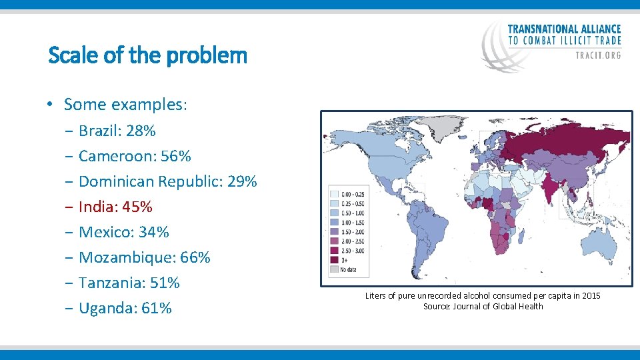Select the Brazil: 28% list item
pos(117,131)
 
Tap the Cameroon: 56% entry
pos(134,156)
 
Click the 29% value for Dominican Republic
pos(242,181)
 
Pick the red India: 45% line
pos(115,207)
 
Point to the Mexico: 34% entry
pos(123,232)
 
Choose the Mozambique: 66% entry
pos(144,257)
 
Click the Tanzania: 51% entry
pos(129,283)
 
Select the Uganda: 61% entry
pos(125,308)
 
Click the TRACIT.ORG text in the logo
pos(598,55)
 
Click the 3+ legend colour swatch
pos(334,260)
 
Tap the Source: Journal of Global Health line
pos(483,306)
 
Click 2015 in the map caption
pos(590,295)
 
